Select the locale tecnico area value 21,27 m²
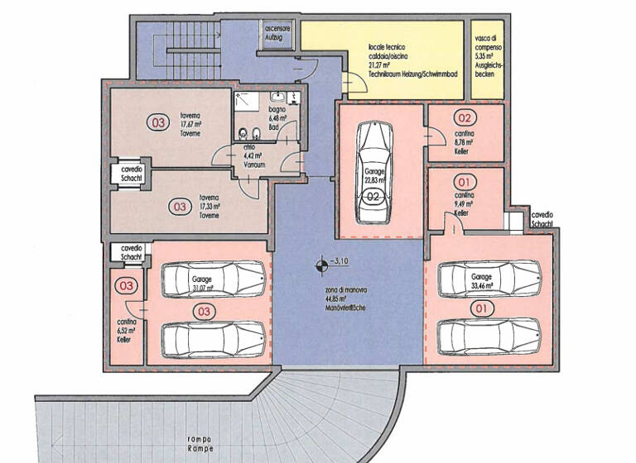pyautogui.click(x=382, y=67)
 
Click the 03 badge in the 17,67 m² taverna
pyautogui.click(x=157, y=122)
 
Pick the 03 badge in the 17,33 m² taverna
pyautogui.click(x=180, y=207)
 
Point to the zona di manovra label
pyautogui.click(x=346, y=296)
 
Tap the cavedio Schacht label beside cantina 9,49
pyautogui.click(x=542, y=218)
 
